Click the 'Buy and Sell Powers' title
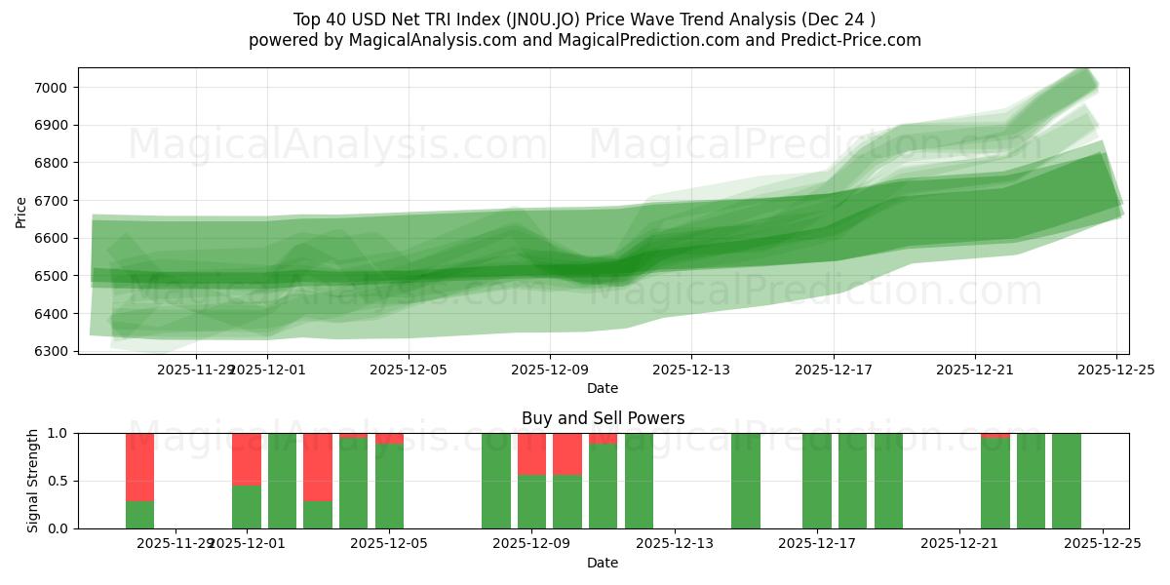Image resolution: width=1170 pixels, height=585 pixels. point(603,418)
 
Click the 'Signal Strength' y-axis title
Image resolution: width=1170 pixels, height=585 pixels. point(32,481)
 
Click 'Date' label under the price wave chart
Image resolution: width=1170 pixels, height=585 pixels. point(603,388)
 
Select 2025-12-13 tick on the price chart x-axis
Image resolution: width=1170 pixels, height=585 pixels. point(691,370)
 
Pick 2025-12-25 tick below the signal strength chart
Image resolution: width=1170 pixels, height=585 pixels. point(1102,543)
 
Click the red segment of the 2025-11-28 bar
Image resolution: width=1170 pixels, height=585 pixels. point(140,466)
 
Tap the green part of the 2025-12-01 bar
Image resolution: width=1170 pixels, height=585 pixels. point(247,506)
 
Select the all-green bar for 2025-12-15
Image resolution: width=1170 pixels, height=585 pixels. point(746,481)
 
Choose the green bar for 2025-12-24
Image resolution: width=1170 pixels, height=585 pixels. point(1067,481)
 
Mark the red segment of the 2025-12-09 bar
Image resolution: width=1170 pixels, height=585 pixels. point(531,453)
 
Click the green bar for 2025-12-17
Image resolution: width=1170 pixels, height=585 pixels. point(817,481)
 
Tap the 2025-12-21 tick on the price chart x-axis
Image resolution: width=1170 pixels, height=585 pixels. point(975,370)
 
